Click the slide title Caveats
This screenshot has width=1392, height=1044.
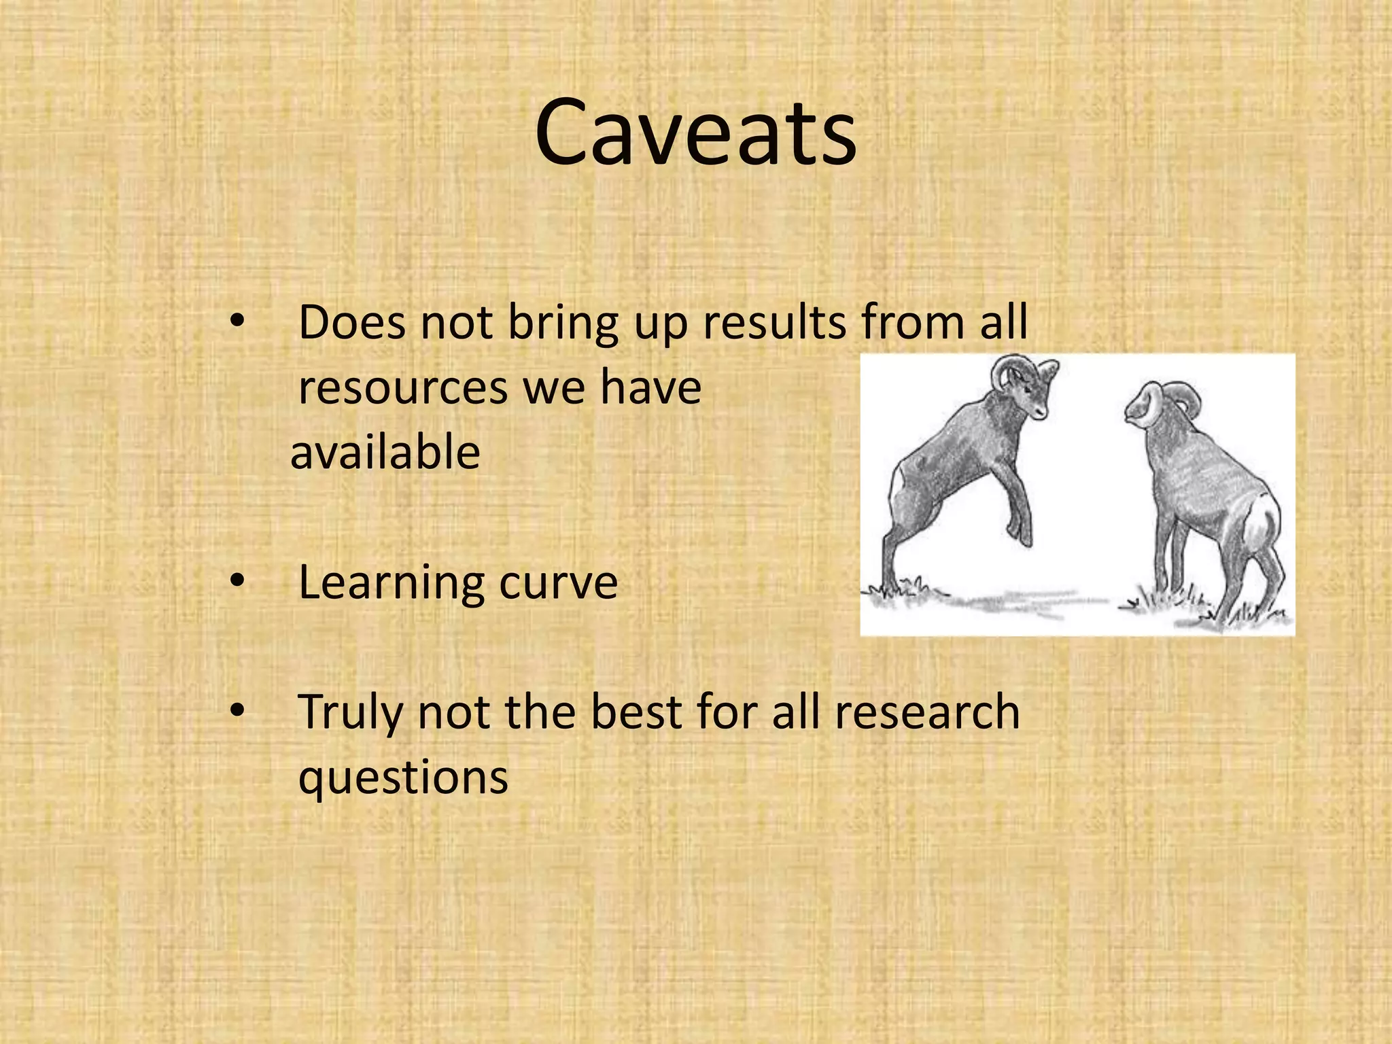click(x=695, y=133)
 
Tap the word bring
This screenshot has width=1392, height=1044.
click(x=563, y=324)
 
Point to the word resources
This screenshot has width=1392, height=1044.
click(x=403, y=389)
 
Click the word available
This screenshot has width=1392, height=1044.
click(x=385, y=453)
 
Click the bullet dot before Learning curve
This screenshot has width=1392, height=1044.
click(x=237, y=582)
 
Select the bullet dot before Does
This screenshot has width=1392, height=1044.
click(x=237, y=322)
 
